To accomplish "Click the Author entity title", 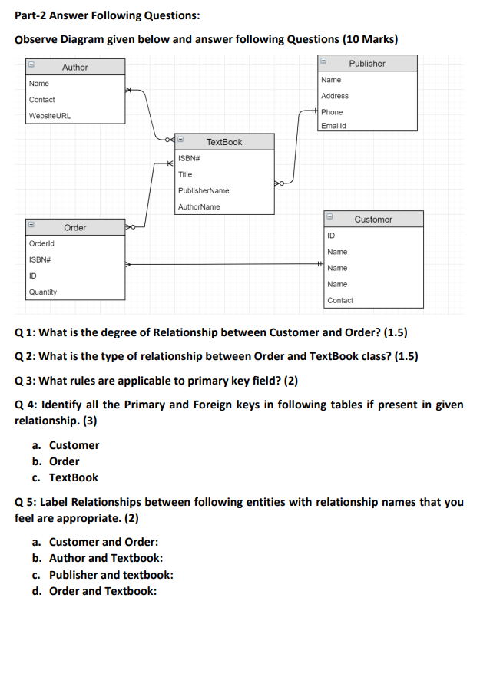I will click(74, 68).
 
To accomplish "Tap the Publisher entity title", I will click(366, 64).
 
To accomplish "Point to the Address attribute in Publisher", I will click(335, 96).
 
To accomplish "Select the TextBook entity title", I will click(224, 142).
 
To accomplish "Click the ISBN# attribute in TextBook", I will click(189, 158).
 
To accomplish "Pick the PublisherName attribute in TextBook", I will click(204, 190).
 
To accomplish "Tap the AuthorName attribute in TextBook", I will click(199, 206).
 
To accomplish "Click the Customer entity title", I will click(373, 220).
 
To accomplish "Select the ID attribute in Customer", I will click(331, 236).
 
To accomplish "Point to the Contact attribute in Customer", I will click(340, 300).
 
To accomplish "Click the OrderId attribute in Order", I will click(41, 243).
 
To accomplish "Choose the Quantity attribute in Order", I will click(43, 292).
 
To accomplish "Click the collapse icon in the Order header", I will click(32, 227).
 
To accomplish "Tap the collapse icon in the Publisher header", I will click(325, 63).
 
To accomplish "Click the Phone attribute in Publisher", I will click(332, 112).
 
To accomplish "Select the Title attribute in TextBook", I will click(185, 174).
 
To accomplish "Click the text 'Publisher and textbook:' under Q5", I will click(111, 575).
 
